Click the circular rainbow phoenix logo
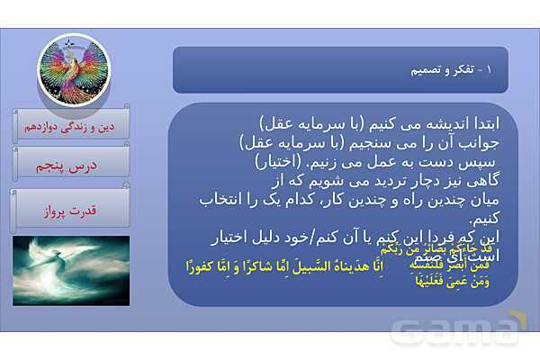tap(72, 68)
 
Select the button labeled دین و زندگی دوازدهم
tap(72, 125)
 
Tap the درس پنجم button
tap(72, 166)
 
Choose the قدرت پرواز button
tap(72, 211)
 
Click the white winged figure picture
tap(72, 270)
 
